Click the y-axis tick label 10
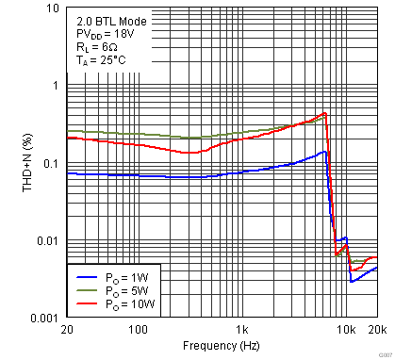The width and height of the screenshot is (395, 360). point(52,9)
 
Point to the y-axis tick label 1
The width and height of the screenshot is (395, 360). point(55,86)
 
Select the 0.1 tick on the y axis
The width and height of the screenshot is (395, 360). point(51,164)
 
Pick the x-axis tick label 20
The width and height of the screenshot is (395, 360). point(66,330)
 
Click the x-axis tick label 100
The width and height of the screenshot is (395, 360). point(139,330)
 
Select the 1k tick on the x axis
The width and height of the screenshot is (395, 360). point(243,330)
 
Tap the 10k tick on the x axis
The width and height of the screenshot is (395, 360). point(347,330)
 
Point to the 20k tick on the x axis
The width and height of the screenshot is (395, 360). point(377,330)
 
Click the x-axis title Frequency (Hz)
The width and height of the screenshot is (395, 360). point(222,347)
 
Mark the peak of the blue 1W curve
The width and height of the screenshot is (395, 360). point(324,151)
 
